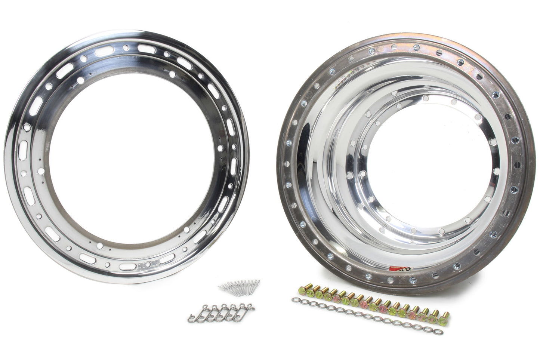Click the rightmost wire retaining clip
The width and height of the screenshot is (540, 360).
click(x=245, y=308)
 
